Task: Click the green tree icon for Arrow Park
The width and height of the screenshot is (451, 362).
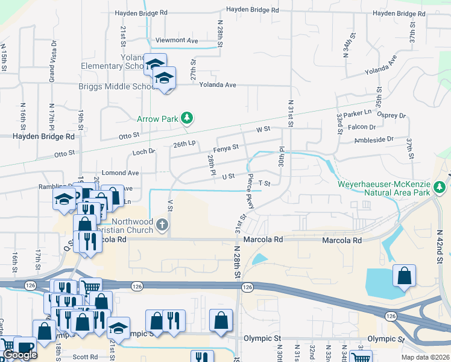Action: (x=187, y=118)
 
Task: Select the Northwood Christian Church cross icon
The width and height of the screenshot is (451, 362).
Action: (x=161, y=225)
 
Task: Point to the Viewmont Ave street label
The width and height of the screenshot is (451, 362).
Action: (x=177, y=40)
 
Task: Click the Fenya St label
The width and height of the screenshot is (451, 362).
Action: (x=226, y=147)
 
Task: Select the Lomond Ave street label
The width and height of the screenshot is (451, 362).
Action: (x=121, y=173)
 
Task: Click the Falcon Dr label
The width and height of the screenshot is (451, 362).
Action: (x=362, y=127)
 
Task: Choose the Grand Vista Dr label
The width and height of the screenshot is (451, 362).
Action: (x=52, y=62)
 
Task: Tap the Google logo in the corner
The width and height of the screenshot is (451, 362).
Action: (x=20, y=355)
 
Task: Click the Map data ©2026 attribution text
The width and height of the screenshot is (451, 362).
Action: (x=425, y=357)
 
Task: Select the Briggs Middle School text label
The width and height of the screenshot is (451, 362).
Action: (x=118, y=86)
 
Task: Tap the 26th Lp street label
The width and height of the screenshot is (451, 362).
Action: (x=184, y=144)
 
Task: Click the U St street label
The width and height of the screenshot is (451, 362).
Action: (x=228, y=176)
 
